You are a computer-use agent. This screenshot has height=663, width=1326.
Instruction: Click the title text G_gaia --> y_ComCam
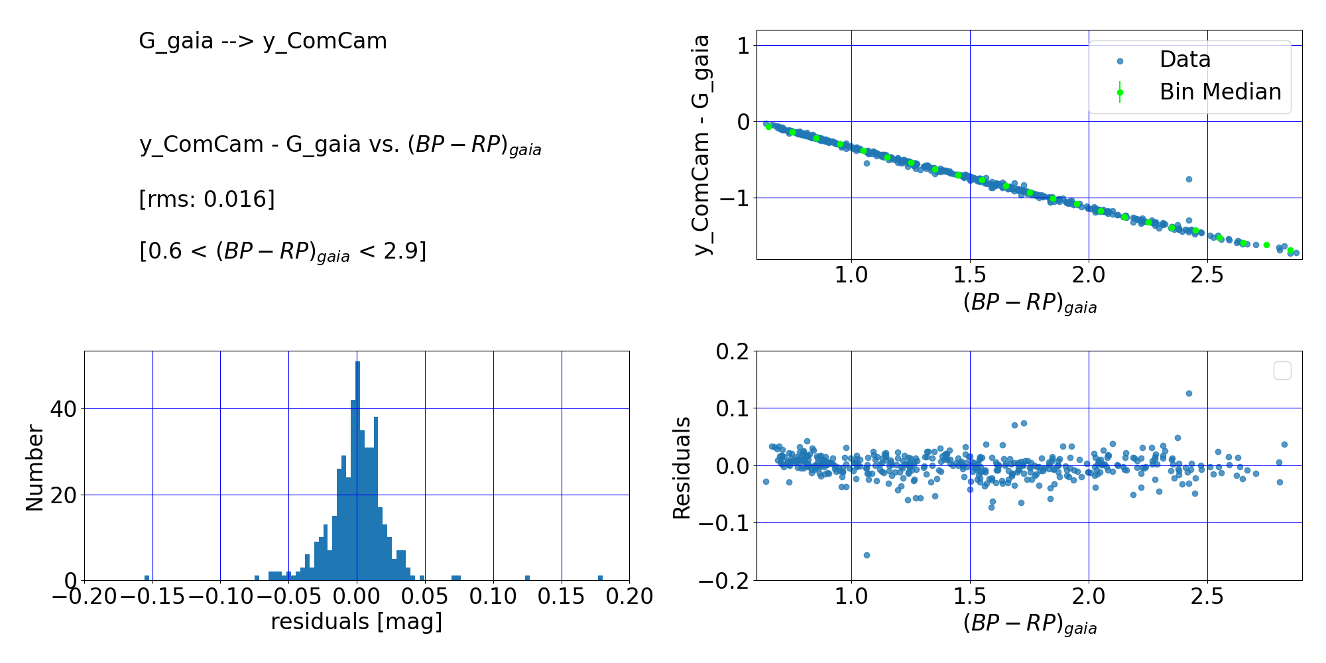point(263,41)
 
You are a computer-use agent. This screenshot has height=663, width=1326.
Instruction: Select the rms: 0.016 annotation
point(207,199)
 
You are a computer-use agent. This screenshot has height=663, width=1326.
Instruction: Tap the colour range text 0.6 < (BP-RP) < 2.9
point(283,251)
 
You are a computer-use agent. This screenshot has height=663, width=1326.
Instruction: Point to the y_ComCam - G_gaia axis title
point(701,145)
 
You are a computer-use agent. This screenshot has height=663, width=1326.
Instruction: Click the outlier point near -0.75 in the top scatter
point(1189,179)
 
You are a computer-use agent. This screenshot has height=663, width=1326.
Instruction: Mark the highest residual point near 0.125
point(1189,393)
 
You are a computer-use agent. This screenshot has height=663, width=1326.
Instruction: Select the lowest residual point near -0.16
point(867,555)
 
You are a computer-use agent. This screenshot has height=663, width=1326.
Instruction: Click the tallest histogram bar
point(357,471)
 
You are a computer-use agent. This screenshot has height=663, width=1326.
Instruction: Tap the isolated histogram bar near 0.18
point(600,578)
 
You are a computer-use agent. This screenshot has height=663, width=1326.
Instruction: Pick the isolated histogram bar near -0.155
point(147,578)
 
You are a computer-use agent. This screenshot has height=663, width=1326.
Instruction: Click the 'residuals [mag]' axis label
point(357,622)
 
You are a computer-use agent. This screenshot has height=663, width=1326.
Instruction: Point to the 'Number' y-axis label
point(34,468)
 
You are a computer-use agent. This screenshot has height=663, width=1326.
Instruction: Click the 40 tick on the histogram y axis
point(64,409)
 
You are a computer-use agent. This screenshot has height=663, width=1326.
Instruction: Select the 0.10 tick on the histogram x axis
point(493,597)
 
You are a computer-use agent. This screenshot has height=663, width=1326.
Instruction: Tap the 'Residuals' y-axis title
point(682,468)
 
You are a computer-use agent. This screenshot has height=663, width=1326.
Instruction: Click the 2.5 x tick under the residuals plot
point(1207,597)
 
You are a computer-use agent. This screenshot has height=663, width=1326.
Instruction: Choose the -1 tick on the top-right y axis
point(732,198)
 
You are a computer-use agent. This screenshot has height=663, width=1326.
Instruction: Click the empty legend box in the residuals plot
point(1282,371)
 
